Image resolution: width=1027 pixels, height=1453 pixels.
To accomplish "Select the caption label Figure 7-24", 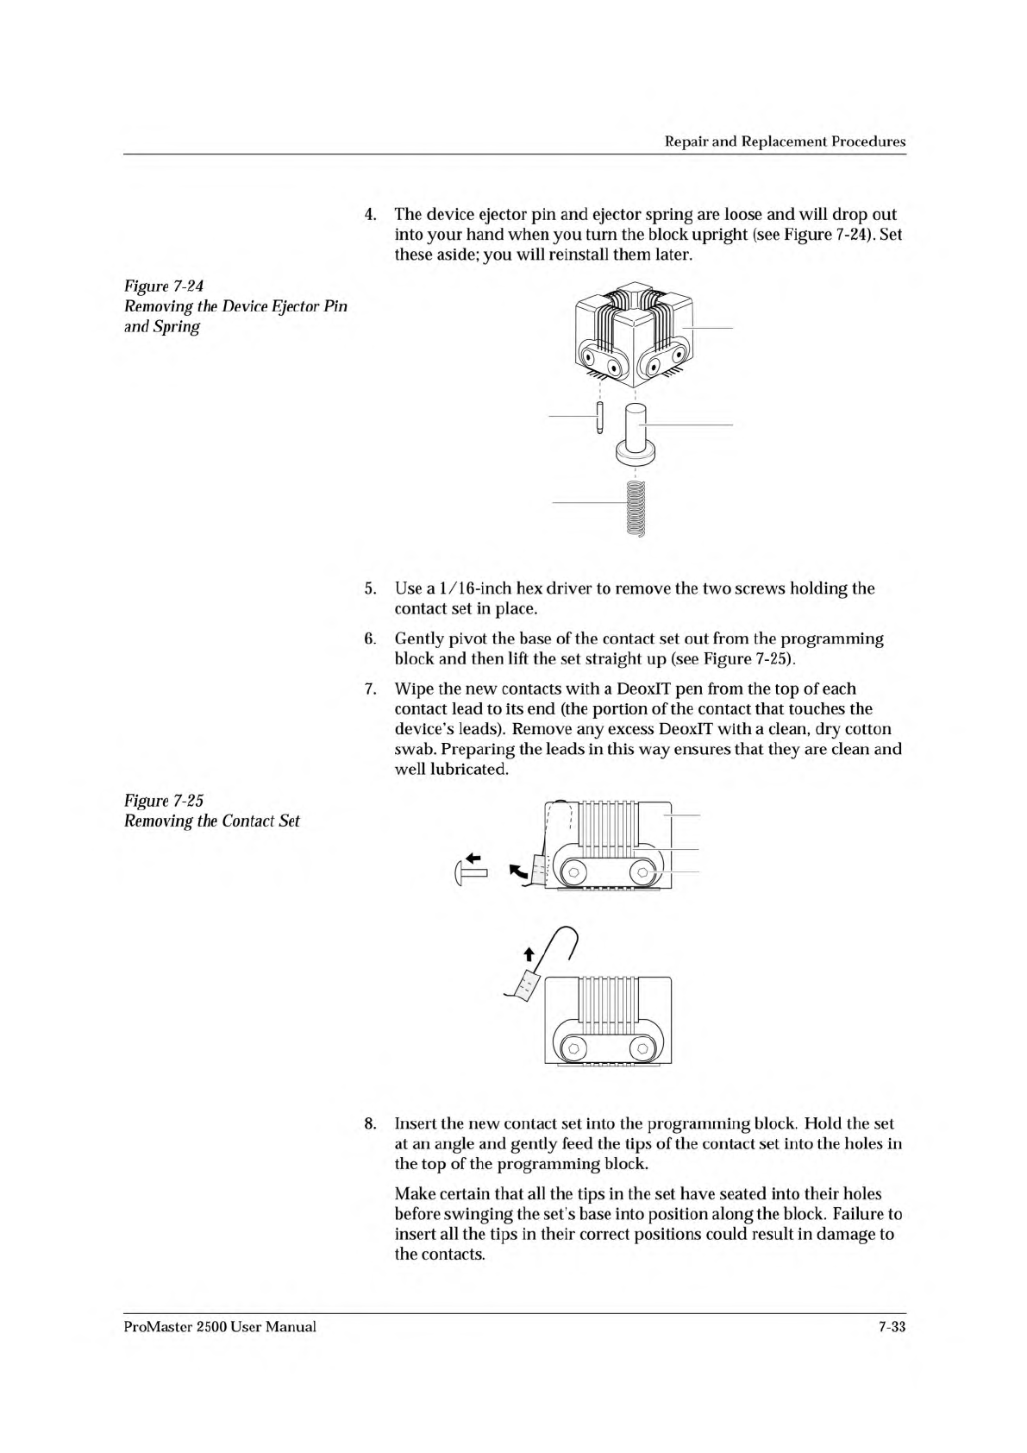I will point(164,286).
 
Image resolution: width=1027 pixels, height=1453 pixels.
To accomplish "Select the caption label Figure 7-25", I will point(164,801).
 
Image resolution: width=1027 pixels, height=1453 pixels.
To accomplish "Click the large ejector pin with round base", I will point(635,431).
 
